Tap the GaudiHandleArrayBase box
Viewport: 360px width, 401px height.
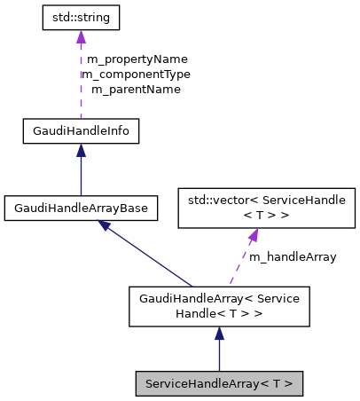[81, 208]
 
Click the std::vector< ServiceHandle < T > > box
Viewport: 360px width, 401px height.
[267, 208]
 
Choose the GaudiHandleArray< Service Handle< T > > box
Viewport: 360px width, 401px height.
[219, 307]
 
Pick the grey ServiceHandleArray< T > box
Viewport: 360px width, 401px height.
[219, 383]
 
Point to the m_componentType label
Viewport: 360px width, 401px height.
[135, 75]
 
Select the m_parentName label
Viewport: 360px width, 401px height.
[136, 90]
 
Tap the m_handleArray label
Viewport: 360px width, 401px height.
[292, 257]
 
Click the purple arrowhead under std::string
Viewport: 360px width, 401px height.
[81, 36]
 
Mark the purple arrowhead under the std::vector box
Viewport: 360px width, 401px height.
[253, 236]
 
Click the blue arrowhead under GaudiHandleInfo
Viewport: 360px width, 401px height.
[81, 152]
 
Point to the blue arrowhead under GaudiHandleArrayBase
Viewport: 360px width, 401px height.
[106, 226]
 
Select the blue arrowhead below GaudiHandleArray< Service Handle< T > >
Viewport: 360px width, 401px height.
[219, 334]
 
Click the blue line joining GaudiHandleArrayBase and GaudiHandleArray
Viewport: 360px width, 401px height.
[151, 257]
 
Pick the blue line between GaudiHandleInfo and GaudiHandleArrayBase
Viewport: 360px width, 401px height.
[81, 177]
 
